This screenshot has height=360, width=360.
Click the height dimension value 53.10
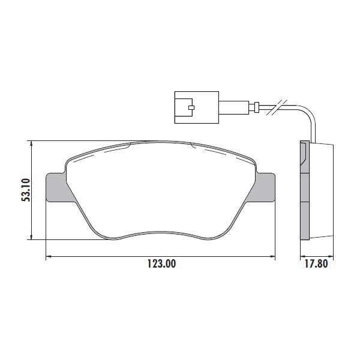[25, 190]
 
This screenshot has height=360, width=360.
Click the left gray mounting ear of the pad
[56, 187]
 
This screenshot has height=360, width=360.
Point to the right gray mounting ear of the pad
[265, 187]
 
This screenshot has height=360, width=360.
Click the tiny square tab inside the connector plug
[191, 108]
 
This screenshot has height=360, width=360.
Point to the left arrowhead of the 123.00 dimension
[49, 257]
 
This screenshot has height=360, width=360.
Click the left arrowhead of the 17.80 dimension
[302, 257]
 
